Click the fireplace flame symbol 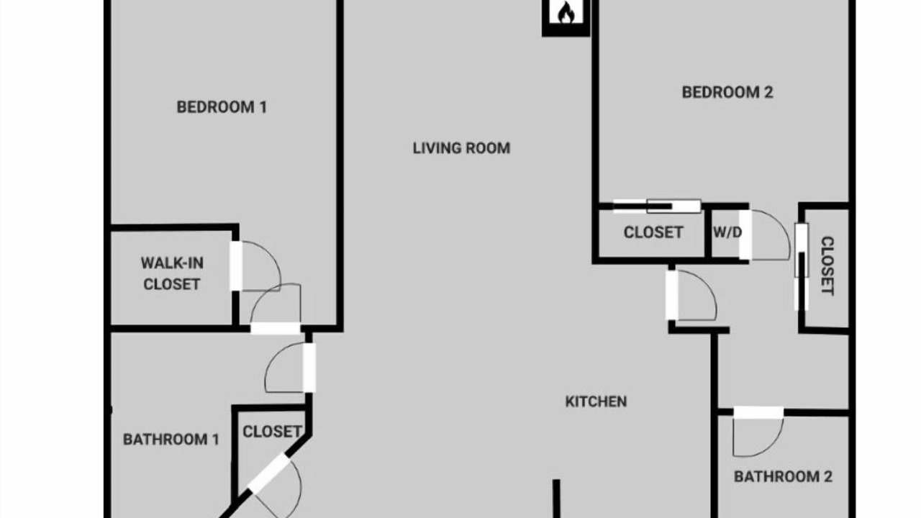pyautogui.click(x=566, y=13)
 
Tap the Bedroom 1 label pyautogui.click(x=222, y=107)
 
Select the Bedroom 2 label pyautogui.click(x=727, y=92)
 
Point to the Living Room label pyautogui.click(x=461, y=148)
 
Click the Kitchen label pyautogui.click(x=596, y=401)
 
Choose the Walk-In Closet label pyautogui.click(x=172, y=274)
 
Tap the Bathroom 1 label pyautogui.click(x=171, y=440)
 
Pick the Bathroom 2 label pyautogui.click(x=783, y=477)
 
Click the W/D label pyautogui.click(x=727, y=232)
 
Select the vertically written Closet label pyautogui.click(x=827, y=265)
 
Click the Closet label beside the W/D pyautogui.click(x=653, y=232)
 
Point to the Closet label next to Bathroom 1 pyautogui.click(x=272, y=432)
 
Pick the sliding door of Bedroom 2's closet pyautogui.click(x=657, y=206)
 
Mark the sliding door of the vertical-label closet pyautogui.click(x=802, y=266)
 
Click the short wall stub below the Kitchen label pyautogui.click(x=556, y=499)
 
